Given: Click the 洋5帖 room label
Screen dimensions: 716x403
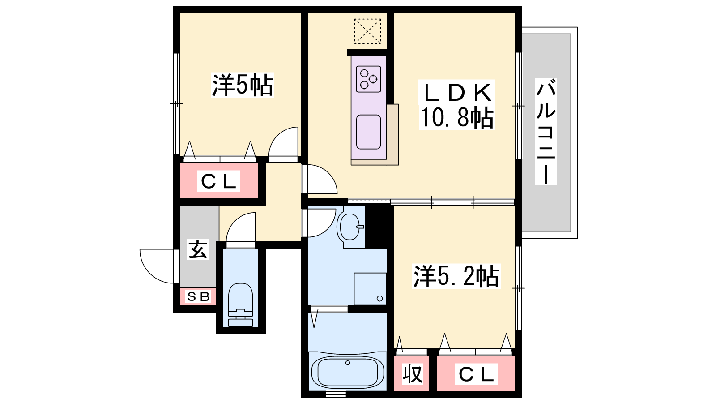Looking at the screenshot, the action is point(243,85).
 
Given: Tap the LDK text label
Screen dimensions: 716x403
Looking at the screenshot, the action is point(457,92).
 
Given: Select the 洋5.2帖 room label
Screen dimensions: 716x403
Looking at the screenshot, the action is point(456,276).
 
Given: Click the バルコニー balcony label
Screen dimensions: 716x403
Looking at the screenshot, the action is point(546,132).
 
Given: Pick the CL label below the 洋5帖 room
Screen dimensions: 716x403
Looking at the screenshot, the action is point(219,181).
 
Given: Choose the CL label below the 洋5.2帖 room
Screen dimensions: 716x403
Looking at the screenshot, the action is point(476,374).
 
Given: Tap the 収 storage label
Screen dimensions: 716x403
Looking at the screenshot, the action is point(412,373).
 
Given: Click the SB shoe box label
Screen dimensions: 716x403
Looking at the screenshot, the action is point(198,297).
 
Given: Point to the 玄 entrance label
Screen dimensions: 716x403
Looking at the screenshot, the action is point(198,249).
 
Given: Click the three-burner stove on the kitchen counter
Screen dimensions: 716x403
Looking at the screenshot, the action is point(369,79).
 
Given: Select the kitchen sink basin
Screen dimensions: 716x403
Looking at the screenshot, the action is point(369,132).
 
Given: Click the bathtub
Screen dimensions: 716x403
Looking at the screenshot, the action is point(347,372).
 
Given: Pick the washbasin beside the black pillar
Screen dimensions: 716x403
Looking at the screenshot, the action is point(350,227).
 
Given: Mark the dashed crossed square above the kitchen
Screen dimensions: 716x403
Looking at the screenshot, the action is point(367,31).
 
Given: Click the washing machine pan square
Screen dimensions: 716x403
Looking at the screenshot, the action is point(370,289).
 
